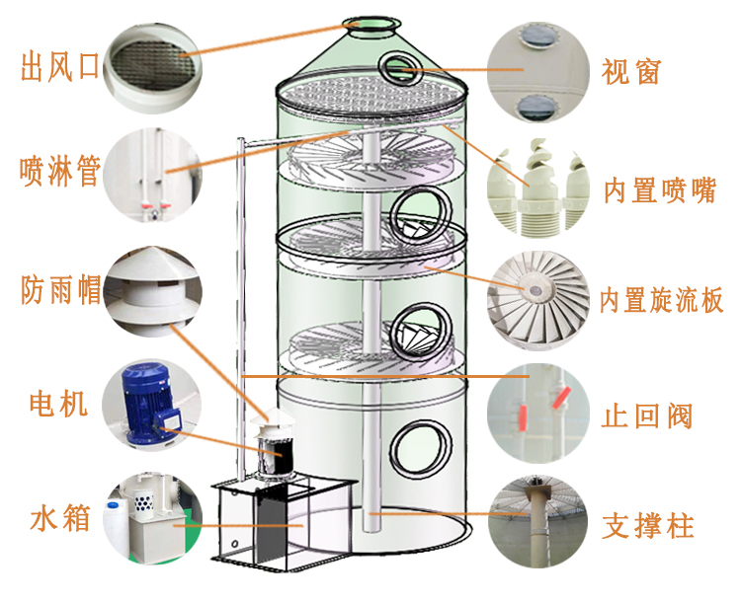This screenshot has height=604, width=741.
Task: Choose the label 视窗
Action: (630, 71)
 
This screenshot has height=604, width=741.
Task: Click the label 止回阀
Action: (647, 415)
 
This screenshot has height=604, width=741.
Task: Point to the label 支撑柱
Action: (648, 525)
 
